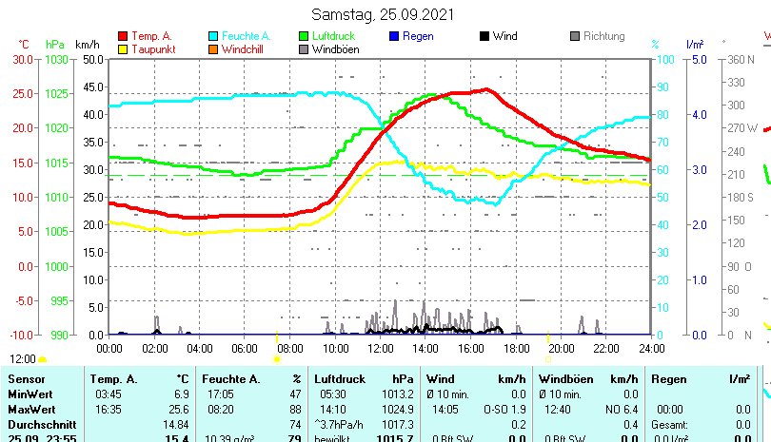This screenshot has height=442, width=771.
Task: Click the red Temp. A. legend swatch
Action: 124,36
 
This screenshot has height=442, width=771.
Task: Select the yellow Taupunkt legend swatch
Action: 124,48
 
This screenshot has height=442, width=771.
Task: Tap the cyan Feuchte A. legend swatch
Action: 213,36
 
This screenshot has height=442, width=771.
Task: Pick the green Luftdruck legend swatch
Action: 305,36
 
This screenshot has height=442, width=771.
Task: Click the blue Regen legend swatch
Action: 395,36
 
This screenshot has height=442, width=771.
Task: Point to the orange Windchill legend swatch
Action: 213,48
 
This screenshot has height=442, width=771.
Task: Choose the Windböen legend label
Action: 335,48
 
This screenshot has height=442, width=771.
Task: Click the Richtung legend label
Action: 604,36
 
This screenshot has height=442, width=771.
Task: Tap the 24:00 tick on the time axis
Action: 651,348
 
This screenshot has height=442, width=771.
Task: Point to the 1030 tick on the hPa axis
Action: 57,59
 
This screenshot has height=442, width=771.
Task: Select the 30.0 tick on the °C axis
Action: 23,59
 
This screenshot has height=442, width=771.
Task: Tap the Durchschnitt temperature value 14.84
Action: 175,424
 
